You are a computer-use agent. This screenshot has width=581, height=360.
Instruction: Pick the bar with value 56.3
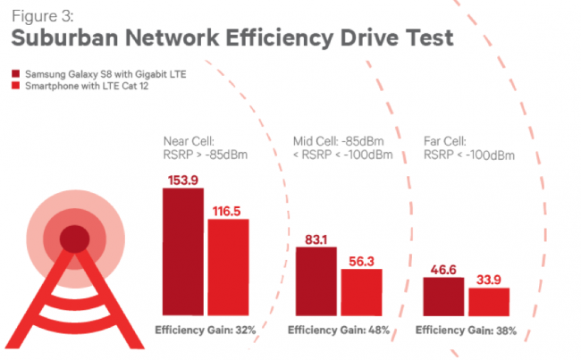[x=361, y=290]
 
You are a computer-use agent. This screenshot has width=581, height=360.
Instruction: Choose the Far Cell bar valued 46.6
[x=443, y=294]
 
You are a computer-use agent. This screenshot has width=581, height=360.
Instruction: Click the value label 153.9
[x=182, y=181]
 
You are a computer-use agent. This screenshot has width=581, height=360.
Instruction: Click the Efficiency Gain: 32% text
[x=206, y=331]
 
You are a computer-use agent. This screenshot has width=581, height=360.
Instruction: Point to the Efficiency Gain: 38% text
[x=466, y=331]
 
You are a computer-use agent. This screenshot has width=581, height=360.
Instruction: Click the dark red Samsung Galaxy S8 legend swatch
[x=15, y=71]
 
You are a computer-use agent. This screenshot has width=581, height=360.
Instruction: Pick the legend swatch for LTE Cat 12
[x=15, y=85]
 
